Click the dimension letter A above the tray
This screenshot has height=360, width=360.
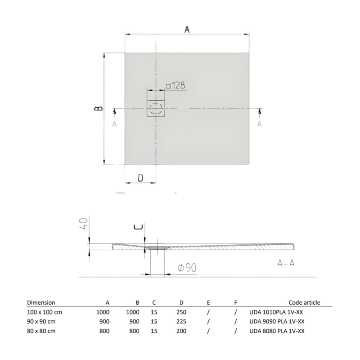(187, 29)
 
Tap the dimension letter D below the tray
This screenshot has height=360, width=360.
(140, 178)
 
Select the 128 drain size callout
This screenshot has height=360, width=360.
(176, 85)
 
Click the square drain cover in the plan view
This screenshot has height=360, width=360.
(156, 108)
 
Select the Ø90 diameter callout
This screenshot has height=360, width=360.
(186, 268)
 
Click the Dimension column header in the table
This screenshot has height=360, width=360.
(41, 302)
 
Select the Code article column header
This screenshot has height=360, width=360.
(304, 302)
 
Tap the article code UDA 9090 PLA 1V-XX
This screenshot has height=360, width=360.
(277, 321)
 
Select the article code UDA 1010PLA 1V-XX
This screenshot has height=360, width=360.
(276, 311)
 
